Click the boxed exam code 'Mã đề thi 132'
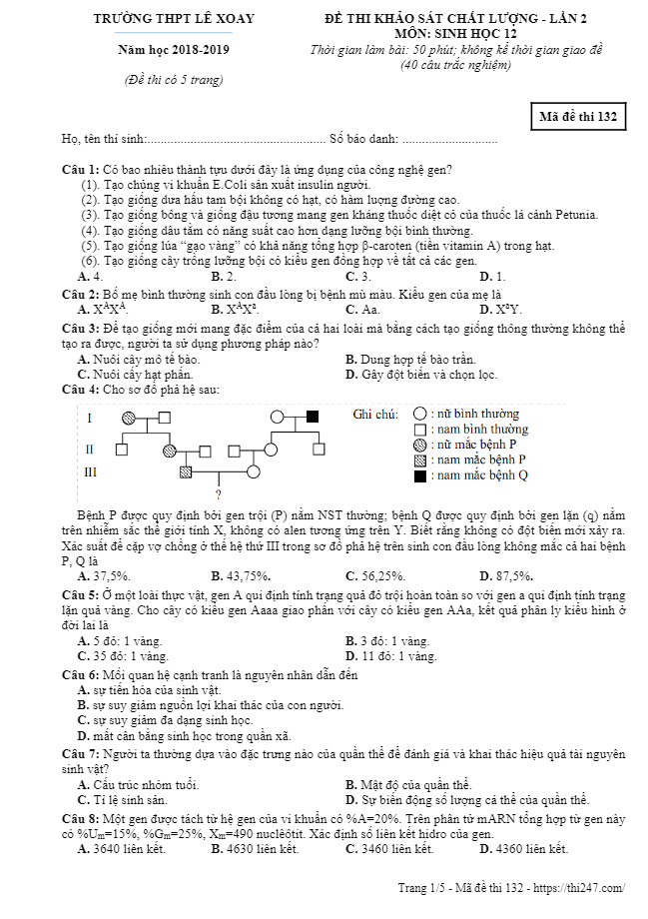coord(579,117)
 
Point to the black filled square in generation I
coord(313,416)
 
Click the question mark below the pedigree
coord(218,494)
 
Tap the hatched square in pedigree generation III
coord(186,471)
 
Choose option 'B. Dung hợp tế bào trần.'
coord(410,360)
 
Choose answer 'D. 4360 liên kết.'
coord(523,849)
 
